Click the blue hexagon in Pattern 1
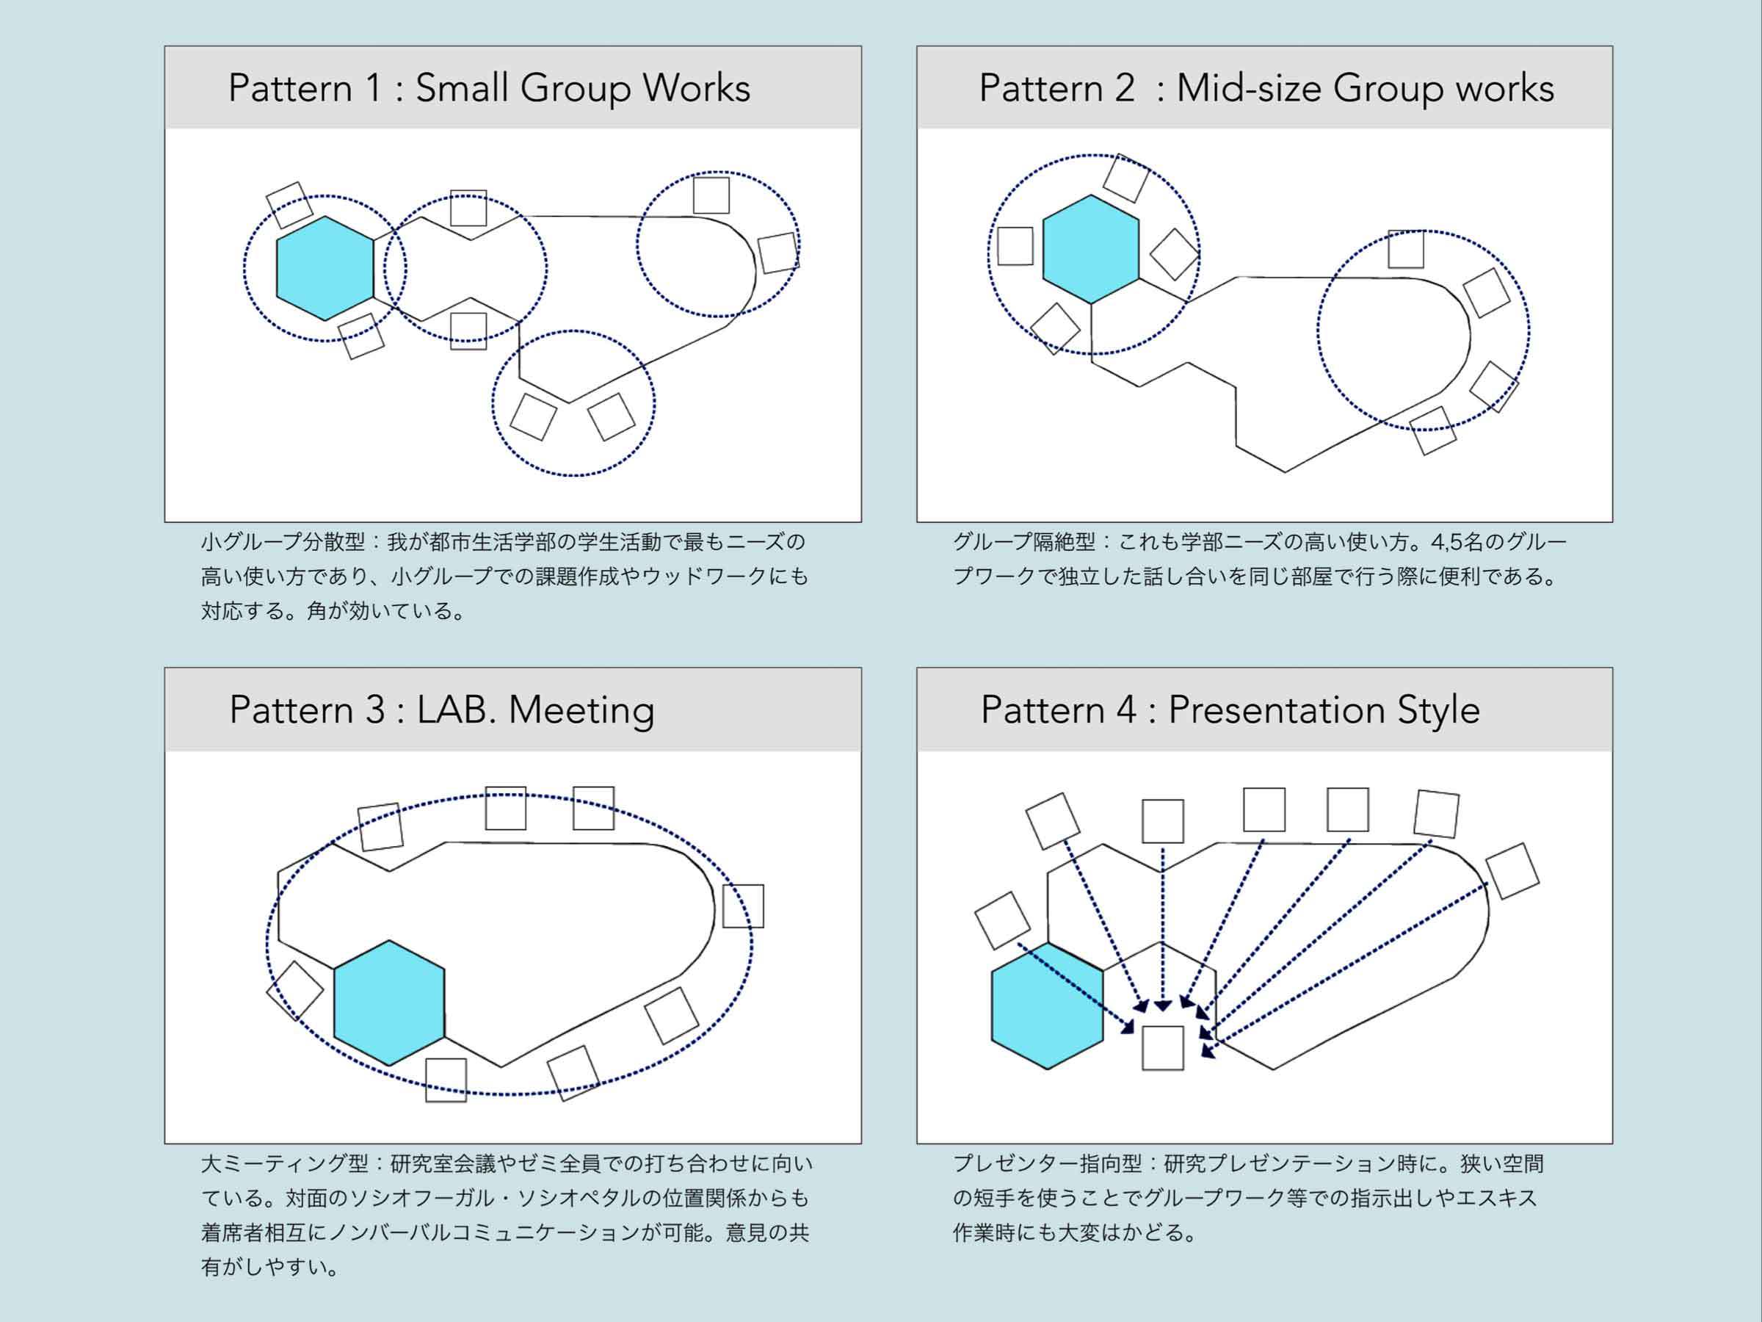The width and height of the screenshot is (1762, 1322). (325, 269)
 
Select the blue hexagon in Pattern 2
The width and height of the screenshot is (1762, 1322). (1090, 249)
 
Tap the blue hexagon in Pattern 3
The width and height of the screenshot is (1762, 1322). (388, 1003)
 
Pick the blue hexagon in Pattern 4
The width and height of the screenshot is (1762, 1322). (1048, 1006)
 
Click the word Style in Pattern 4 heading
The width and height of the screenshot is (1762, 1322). (1438, 711)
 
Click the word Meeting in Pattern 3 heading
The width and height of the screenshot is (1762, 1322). (581, 711)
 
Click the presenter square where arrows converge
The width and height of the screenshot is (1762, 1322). (1162, 1048)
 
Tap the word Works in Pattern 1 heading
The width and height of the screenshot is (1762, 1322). (696, 87)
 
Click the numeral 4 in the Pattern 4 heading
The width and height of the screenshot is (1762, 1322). (1125, 709)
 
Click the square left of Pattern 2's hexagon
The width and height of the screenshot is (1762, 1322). (1015, 245)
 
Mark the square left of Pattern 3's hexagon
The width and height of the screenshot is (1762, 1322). (294, 991)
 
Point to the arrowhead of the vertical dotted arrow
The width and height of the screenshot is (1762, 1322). (1162, 1006)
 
